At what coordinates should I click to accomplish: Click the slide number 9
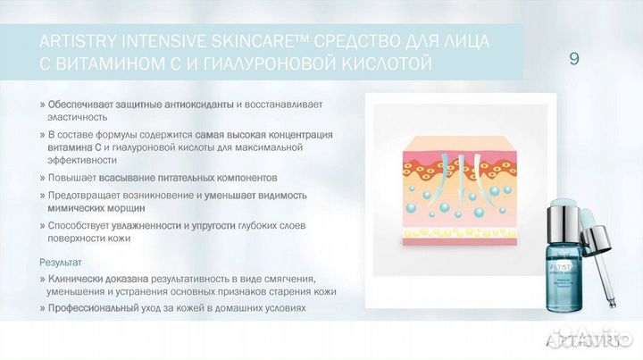[573, 60]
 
